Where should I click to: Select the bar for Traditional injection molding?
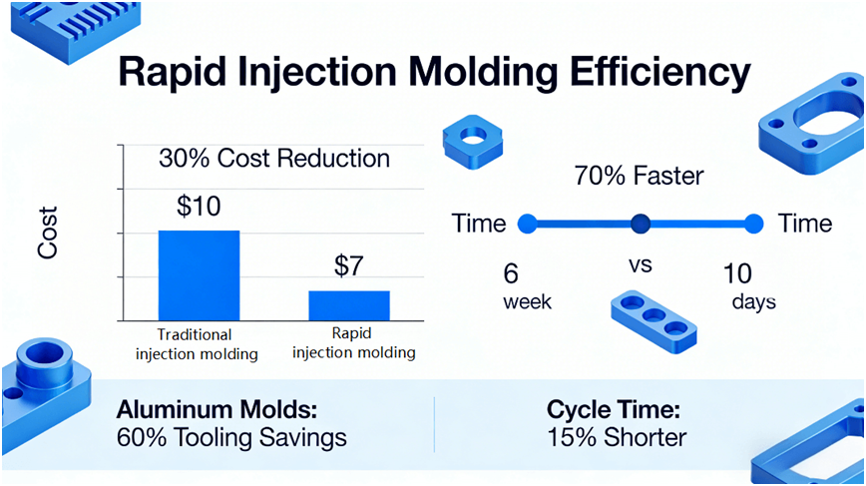point(199,274)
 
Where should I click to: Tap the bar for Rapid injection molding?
point(348,304)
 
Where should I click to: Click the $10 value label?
point(200,208)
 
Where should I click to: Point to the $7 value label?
point(348,267)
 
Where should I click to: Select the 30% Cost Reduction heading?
point(274,159)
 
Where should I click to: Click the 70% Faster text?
point(640,177)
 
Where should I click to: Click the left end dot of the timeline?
point(529,223)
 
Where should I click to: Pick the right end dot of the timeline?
point(754,223)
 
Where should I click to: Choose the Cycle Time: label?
point(613,410)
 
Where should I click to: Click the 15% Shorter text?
point(617,436)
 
